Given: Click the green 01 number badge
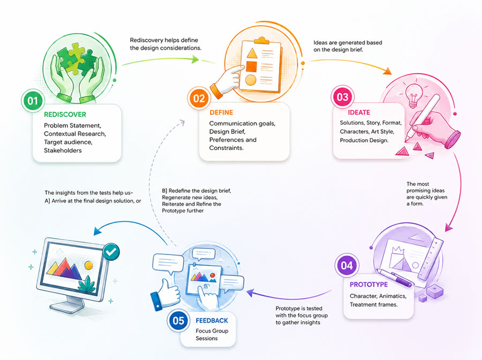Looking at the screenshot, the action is click(33, 101).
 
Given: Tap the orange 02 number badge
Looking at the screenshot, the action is click(199, 99).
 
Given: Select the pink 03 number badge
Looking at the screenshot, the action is click(342, 97).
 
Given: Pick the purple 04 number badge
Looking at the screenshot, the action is click(347, 265).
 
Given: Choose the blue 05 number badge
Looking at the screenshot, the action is click(178, 321).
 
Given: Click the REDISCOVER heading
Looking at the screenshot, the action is click(65, 114).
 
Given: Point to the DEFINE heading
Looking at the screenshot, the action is click(221, 112).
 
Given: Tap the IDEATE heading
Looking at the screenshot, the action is click(359, 112).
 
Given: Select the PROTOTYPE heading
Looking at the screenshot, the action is click(368, 284).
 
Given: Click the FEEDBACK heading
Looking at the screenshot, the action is click(212, 321).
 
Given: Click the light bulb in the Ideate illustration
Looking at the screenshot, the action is click(414, 95).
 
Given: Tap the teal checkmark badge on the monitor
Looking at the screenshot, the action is click(111, 252).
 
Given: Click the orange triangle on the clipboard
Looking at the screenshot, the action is click(252, 54).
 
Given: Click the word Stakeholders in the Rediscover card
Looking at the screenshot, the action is click(63, 151).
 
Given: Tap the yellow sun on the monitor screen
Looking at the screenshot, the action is click(88, 265).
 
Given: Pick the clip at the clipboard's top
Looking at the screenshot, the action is click(261, 40).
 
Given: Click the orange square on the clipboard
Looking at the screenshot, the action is click(251, 66).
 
